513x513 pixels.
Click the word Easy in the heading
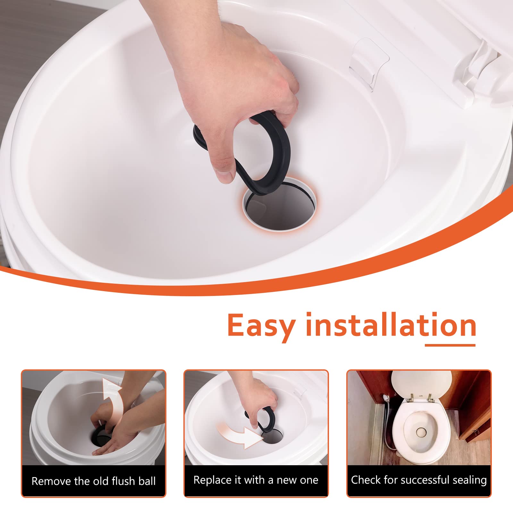pos(261,325)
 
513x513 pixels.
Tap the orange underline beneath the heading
pos(450,345)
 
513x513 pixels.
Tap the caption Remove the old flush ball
pos(93,481)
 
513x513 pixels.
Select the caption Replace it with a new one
pos(256,480)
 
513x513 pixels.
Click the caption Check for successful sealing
pos(419,480)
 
